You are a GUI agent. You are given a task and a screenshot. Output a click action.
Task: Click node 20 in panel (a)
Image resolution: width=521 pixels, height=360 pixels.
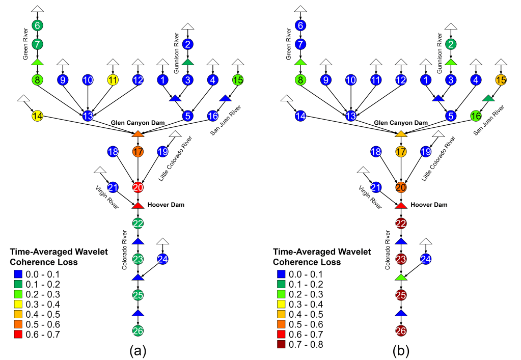[138, 187]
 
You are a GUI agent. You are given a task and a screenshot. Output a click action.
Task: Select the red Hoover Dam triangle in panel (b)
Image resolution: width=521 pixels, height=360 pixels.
[401, 205]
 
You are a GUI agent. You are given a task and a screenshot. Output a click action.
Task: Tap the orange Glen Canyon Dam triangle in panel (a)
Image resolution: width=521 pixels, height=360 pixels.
[138, 133]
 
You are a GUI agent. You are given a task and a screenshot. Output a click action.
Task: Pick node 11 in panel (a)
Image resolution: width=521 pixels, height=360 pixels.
[113, 80]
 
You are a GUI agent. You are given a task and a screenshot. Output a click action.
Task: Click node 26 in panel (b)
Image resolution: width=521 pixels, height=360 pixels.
[401, 331]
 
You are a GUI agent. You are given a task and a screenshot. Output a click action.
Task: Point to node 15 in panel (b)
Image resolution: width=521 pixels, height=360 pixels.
[501, 80]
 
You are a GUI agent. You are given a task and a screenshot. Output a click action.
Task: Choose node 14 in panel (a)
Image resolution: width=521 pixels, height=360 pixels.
[37, 116]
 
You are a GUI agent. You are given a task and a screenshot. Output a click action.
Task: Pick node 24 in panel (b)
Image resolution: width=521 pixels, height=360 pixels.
[426, 259]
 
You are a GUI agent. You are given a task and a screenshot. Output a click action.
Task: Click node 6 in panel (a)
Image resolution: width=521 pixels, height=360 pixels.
[37, 25]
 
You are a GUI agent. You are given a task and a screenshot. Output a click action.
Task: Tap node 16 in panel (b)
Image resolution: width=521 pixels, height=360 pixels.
[476, 116]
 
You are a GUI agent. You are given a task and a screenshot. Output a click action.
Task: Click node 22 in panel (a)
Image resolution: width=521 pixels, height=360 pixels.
[138, 223]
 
